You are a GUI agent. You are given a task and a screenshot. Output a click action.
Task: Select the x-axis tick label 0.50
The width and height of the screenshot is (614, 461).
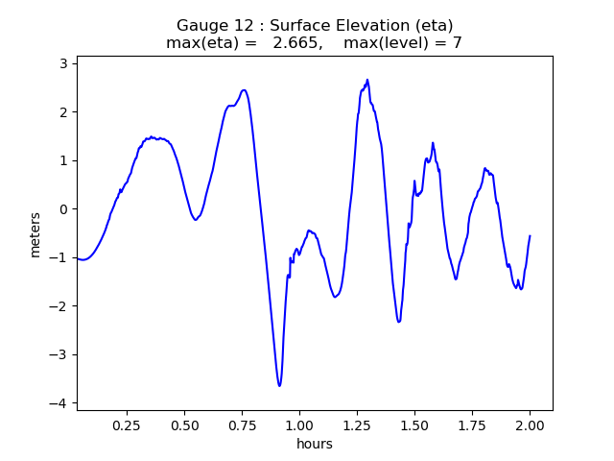[x=184, y=425]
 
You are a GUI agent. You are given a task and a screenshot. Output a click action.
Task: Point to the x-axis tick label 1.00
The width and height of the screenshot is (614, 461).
[x=299, y=425]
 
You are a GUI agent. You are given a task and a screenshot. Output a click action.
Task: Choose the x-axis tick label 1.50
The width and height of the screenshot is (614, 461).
[x=414, y=425]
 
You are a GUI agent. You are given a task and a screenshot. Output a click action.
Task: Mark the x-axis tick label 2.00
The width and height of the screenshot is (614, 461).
[x=530, y=425]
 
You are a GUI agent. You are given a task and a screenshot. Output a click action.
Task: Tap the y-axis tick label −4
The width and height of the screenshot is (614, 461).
[x=61, y=403]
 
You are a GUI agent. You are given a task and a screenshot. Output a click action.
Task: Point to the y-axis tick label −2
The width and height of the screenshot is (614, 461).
[x=61, y=306]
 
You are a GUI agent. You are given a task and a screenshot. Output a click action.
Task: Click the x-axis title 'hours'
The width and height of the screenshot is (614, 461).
[x=315, y=444]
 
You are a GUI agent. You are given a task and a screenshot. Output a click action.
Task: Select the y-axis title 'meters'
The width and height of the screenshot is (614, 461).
[x=35, y=234]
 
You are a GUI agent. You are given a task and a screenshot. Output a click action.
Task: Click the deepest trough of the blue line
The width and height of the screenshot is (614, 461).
[x=279, y=386]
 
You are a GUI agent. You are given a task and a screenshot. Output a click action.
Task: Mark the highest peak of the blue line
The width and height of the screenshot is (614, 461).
[x=366, y=80]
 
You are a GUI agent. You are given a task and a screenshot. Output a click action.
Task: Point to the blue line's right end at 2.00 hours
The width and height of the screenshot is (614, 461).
[x=530, y=236]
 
